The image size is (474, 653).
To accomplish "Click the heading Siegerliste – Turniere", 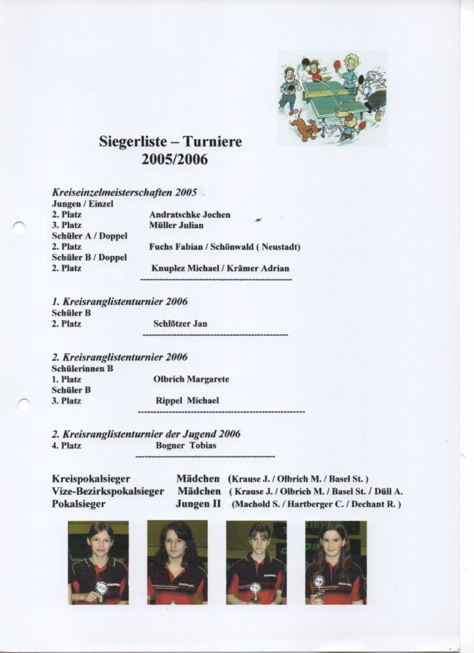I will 170,142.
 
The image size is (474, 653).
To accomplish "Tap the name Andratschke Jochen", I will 190,215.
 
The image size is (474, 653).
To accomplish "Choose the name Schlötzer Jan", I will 180,323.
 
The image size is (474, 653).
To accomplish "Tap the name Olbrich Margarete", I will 191,379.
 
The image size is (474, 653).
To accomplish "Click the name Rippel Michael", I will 187,400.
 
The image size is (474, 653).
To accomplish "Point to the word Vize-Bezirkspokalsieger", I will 108,491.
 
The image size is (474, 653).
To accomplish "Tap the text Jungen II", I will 198,504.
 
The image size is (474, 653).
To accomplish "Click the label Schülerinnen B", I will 83,368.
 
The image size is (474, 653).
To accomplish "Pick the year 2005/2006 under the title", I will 175,159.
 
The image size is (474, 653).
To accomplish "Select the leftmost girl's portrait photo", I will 98,562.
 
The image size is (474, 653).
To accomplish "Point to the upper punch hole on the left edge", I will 19,228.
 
